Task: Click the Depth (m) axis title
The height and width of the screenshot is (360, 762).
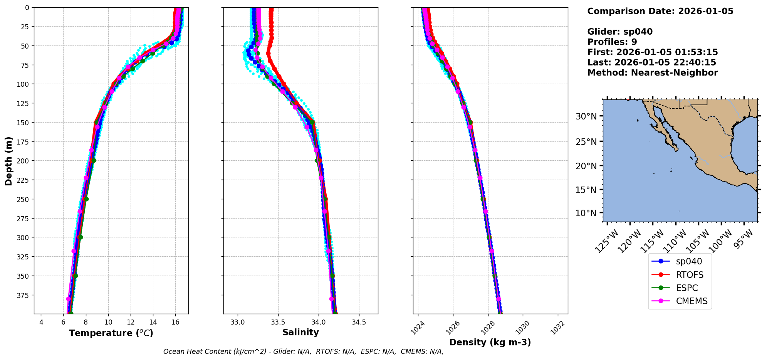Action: (9, 161)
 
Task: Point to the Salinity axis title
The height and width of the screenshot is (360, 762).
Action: (300, 333)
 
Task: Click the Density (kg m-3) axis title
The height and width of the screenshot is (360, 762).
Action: (490, 342)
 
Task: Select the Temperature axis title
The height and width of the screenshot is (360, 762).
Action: (111, 333)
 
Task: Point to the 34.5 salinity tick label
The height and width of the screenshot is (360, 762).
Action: (359, 322)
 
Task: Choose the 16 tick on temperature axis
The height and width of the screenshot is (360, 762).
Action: (175, 322)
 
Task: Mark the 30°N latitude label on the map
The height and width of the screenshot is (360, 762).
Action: (586, 116)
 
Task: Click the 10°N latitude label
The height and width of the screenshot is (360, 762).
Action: (586, 213)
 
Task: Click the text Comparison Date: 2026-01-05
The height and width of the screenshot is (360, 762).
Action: (660, 11)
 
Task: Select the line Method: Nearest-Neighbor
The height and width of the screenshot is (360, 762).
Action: (652, 73)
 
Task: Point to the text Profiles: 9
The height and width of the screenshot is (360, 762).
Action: (612, 42)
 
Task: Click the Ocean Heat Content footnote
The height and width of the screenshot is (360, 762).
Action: (303, 352)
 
